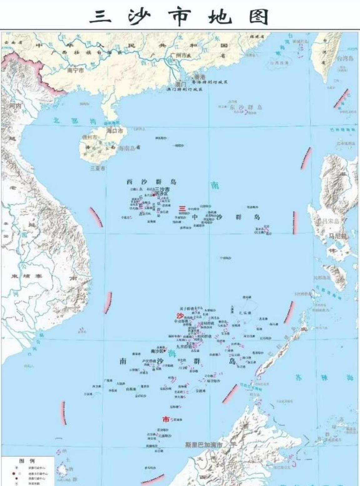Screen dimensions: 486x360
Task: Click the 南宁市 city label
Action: (76, 71)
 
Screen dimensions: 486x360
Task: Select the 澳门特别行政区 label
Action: (184, 89)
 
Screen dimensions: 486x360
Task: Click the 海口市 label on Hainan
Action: (115, 131)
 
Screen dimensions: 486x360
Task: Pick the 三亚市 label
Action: (97, 168)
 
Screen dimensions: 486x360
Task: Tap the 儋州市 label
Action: (90, 137)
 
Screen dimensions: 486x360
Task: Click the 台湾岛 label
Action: (345, 58)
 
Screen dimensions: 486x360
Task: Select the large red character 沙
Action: (180, 315)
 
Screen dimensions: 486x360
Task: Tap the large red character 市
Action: (166, 419)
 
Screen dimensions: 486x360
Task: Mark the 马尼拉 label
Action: (337, 236)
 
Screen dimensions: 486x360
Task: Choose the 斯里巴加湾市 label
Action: (203, 444)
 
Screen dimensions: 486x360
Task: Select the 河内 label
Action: (15, 106)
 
